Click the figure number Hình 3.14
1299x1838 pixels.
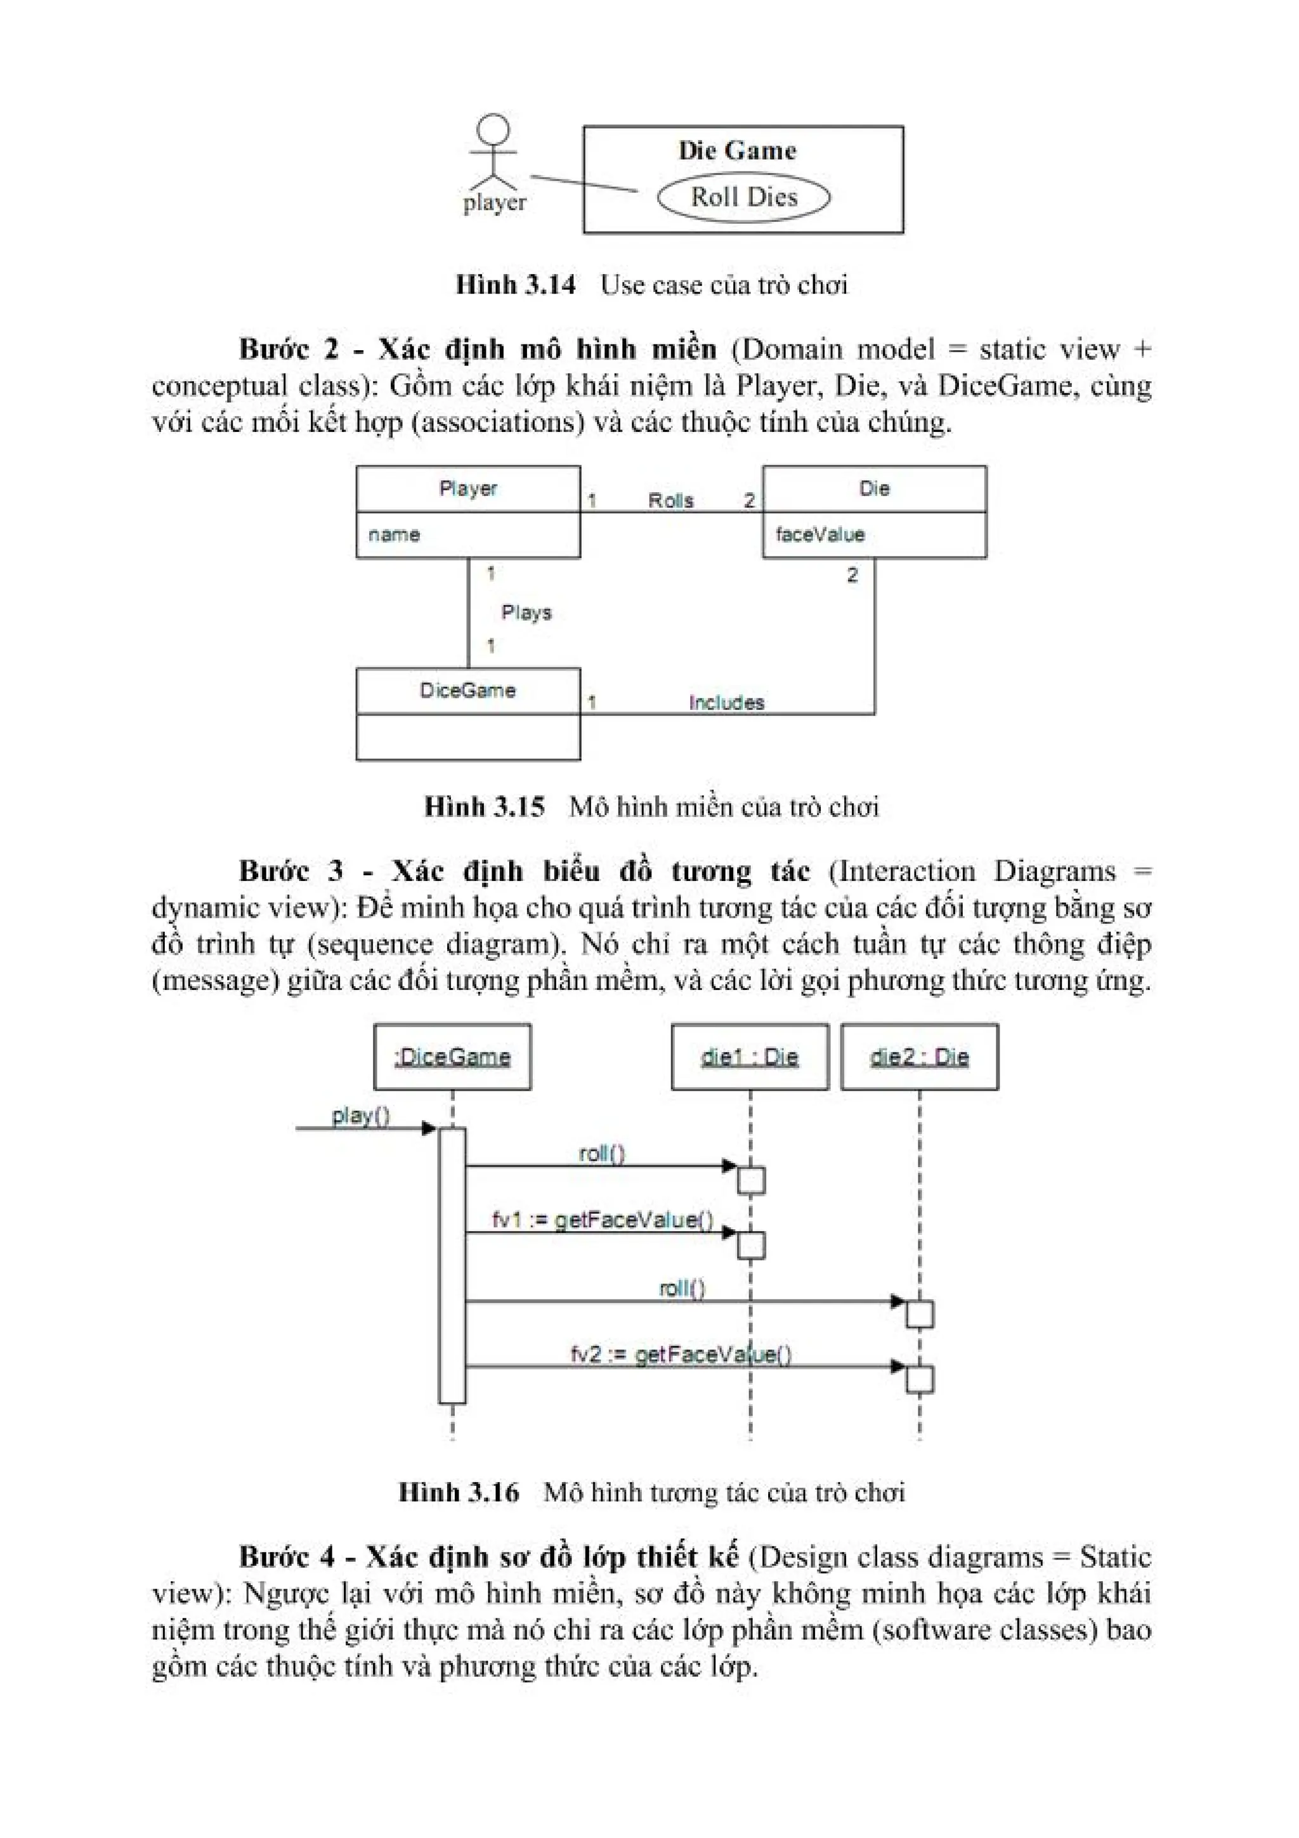(x=516, y=285)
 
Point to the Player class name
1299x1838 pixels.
(x=468, y=488)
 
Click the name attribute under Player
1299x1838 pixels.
(x=394, y=535)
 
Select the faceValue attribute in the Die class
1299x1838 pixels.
(x=819, y=535)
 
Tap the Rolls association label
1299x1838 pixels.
(x=670, y=501)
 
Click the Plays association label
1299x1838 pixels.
(x=526, y=613)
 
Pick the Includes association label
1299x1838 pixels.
(x=726, y=703)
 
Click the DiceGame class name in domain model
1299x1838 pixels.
(x=467, y=691)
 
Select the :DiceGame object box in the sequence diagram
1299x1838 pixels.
(x=452, y=1057)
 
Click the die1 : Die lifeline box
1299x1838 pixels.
(x=749, y=1057)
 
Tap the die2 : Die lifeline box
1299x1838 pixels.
(x=919, y=1057)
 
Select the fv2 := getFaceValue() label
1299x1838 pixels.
(x=681, y=1355)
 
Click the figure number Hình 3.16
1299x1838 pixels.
(x=459, y=1493)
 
